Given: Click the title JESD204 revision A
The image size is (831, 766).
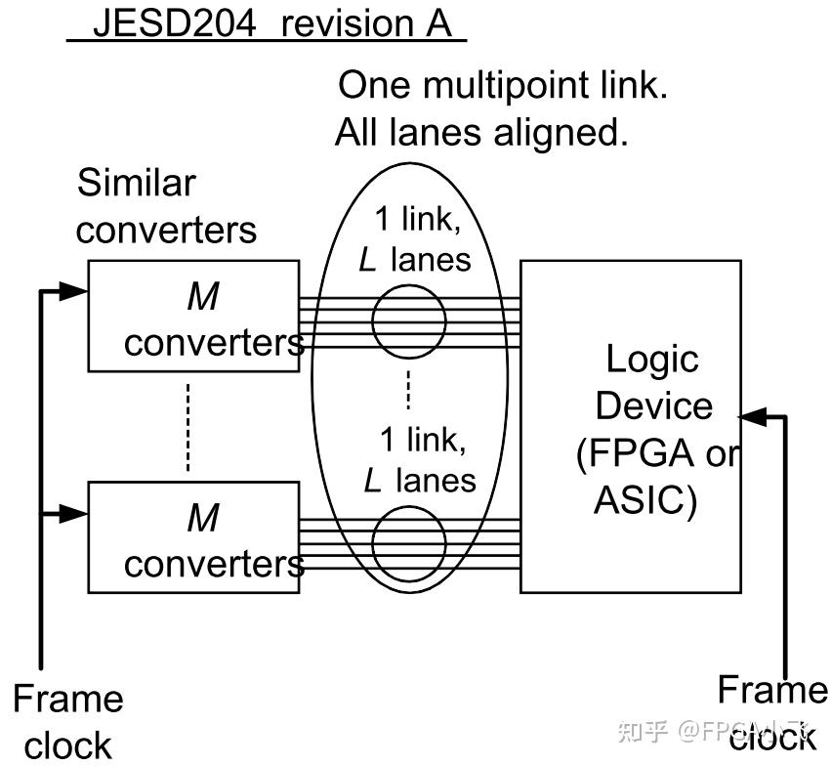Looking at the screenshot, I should (266, 23).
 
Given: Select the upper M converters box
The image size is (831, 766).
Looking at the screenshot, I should (193, 316).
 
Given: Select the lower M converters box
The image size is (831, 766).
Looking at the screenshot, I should (193, 536).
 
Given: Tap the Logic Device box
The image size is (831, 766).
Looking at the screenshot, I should (630, 426).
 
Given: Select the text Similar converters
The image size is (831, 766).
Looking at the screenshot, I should (166, 206).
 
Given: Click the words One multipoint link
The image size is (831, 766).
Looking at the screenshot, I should (502, 86).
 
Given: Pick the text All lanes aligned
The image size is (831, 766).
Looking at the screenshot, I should (481, 132).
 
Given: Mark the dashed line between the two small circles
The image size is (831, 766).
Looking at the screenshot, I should (409, 388).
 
